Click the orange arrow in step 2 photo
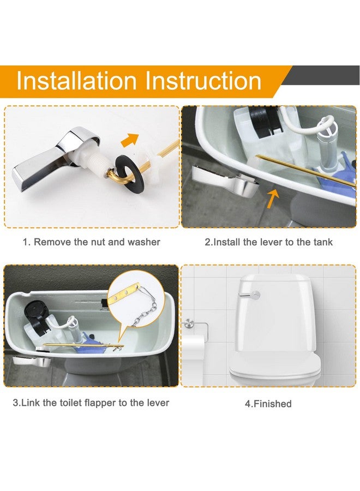(273, 198)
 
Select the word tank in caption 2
(322, 242)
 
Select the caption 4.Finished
(268, 404)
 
